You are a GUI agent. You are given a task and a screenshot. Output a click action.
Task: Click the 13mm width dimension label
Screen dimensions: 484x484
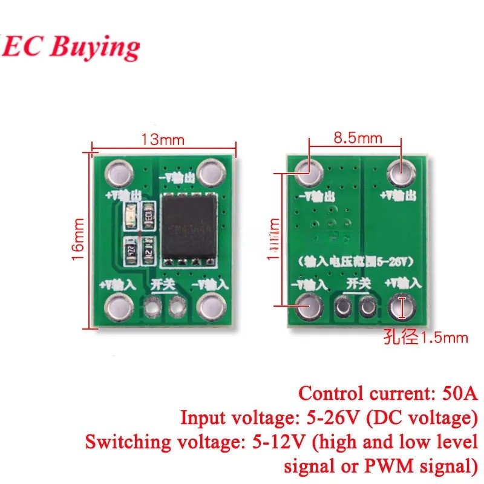tap(163, 139)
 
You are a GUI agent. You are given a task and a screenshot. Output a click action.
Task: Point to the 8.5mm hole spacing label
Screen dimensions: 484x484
tap(358, 137)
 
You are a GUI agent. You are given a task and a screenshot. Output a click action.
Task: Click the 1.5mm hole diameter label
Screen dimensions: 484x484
tap(426, 338)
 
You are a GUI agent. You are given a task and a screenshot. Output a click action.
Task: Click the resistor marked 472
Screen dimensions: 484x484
tap(130, 251)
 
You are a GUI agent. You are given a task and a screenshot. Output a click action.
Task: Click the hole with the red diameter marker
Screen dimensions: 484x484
tap(401, 307)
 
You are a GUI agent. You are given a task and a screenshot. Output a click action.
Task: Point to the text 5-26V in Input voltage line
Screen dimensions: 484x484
tap(336, 417)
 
